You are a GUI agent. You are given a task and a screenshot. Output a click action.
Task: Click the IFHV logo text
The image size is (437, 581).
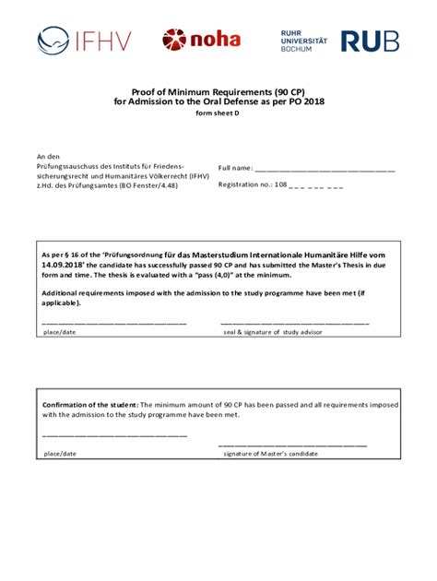tap(106, 40)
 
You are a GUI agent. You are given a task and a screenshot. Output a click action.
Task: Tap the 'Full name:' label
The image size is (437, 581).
tap(235, 169)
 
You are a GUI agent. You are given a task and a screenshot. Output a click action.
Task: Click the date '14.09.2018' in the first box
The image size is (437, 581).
tap(69, 263)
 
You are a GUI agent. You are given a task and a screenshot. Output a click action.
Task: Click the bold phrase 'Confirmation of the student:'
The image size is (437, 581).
tap(90, 405)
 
